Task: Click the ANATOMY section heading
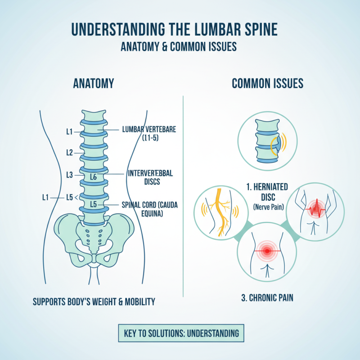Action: [94, 83]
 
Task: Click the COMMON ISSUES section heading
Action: [267, 83]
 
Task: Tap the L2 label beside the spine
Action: [69, 153]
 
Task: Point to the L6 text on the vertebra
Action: [93, 177]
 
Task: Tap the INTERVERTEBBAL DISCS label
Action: [150, 177]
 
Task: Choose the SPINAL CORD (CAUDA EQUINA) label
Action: [148, 208]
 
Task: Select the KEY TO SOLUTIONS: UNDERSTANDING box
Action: [180, 334]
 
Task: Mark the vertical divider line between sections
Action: [183, 193]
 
